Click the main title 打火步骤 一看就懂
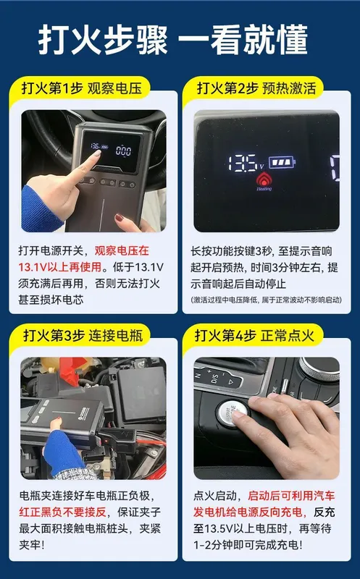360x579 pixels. [x=173, y=40]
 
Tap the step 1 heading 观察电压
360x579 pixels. [x=114, y=88]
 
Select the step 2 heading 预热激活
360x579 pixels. [x=289, y=88]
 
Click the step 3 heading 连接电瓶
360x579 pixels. [x=116, y=336]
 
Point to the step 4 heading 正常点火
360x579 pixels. [x=287, y=336]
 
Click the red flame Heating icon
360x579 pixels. [x=264, y=180]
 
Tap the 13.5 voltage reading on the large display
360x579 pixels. [x=243, y=163]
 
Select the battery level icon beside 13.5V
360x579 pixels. [x=282, y=162]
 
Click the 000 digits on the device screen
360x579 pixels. [x=123, y=151]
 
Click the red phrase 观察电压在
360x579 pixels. [x=122, y=251]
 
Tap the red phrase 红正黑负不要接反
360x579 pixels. [x=62, y=512]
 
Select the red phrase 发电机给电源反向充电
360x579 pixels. [x=249, y=512]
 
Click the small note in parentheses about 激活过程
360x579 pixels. [x=266, y=300]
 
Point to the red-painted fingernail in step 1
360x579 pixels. [x=119, y=218]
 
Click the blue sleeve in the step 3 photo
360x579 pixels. [x=63, y=452]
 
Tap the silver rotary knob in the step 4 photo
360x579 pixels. [x=320, y=368]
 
